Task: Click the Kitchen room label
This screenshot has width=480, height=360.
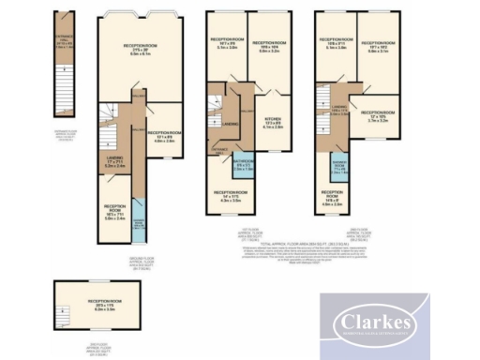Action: click(272, 121)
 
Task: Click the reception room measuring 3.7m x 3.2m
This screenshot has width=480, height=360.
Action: click(378, 118)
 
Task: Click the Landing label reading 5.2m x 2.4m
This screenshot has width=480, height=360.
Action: click(114, 162)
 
